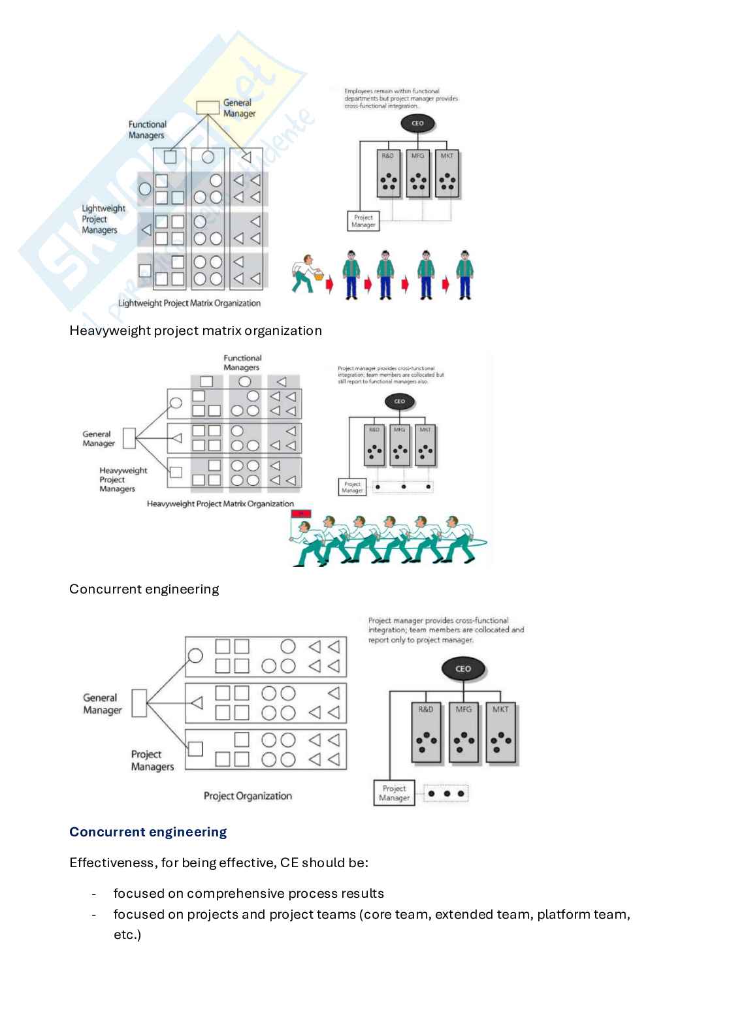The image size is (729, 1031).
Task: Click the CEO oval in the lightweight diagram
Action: pyautogui.click(x=417, y=123)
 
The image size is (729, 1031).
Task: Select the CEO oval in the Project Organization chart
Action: pyautogui.click(x=462, y=669)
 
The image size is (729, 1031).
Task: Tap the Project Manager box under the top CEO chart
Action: pyautogui.click(x=363, y=221)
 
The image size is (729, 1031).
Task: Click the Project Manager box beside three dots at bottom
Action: pyautogui.click(x=394, y=793)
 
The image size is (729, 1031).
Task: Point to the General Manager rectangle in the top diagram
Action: pyautogui.click(x=208, y=106)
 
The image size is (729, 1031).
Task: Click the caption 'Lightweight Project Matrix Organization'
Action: pyautogui.click(x=189, y=303)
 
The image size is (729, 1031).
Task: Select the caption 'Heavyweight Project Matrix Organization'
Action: pyautogui.click(x=220, y=503)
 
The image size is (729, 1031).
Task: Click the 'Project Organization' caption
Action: pyautogui.click(x=248, y=796)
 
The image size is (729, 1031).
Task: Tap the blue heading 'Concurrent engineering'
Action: pyautogui.click(x=148, y=832)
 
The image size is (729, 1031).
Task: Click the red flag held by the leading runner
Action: pyautogui.click(x=301, y=513)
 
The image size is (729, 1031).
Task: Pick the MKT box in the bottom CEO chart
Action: pyautogui.click(x=500, y=733)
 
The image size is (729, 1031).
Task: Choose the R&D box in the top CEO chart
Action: pyautogui.click(x=388, y=174)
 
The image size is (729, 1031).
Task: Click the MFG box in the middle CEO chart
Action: pyautogui.click(x=400, y=446)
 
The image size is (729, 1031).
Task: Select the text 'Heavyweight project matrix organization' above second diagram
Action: pyautogui.click(x=195, y=330)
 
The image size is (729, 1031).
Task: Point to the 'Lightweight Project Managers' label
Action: pyautogui.click(x=103, y=219)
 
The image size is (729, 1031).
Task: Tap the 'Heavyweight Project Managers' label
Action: pyautogui.click(x=123, y=479)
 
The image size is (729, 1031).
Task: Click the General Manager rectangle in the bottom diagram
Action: pyautogui.click(x=138, y=703)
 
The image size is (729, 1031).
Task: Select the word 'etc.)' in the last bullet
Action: pyautogui.click(x=127, y=934)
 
